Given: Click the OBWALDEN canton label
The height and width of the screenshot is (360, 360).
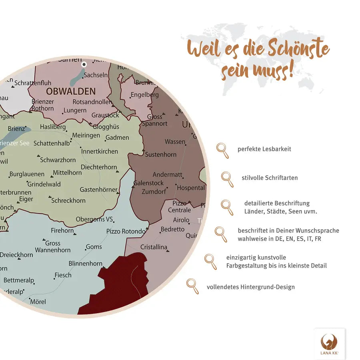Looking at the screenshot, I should pyautogui.click(x=70, y=91).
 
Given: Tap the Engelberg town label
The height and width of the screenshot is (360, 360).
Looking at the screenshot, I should pyautogui.click(x=144, y=95).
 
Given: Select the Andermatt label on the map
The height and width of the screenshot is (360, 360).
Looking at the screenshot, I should pyautogui.click(x=167, y=175).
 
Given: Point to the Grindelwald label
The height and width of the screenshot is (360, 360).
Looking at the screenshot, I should pyautogui.click(x=44, y=184).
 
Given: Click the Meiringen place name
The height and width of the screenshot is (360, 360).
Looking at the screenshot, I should pyautogui.click(x=86, y=136).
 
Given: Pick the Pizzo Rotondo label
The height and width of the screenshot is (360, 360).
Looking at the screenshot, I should pyautogui.click(x=126, y=231).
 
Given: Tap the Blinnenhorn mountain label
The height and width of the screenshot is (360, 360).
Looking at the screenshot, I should pyautogui.click(x=86, y=264).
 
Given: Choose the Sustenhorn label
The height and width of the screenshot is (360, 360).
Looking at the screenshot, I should pyautogui.click(x=160, y=154).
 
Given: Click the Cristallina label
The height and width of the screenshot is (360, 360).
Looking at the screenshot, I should pyautogui.click(x=154, y=247).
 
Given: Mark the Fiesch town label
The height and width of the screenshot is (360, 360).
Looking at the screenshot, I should pyautogui.click(x=63, y=275).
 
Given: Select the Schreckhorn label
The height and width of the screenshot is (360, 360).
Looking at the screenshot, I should pyautogui.click(x=68, y=200).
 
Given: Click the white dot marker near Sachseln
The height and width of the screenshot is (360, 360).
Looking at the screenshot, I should pyautogui.click(x=84, y=64).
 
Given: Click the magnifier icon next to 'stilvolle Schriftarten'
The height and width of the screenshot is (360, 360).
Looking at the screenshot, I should pyautogui.click(x=227, y=179).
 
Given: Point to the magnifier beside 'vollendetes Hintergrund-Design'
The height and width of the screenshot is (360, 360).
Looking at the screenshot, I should pyautogui.click(x=192, y=286).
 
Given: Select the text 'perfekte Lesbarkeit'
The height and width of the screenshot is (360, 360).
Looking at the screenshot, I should pyautogui.click(x=264, y=149).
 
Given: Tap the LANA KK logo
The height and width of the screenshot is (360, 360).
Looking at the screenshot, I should pyautogui.click(x=329, y=344).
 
